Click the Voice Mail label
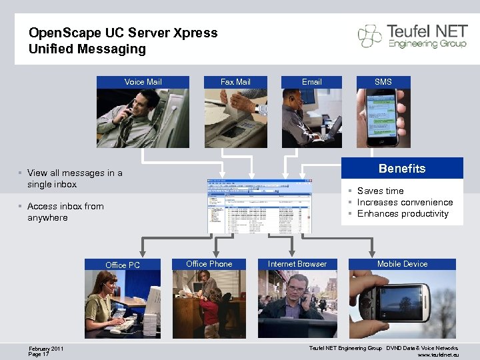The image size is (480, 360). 143,82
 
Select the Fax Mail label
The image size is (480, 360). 235,82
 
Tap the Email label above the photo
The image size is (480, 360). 311,82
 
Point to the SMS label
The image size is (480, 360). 383,82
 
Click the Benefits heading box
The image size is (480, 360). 402,169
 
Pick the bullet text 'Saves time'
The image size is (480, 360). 380,191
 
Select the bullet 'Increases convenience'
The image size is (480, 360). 405,202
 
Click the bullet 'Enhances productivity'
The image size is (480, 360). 403,213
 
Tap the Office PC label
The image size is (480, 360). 123,265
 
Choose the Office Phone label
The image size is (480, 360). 209,264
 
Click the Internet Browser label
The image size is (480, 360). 297,264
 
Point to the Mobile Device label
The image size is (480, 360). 402,264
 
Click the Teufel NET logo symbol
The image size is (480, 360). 370,35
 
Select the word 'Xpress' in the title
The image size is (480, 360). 197,33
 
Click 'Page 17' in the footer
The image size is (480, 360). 39,354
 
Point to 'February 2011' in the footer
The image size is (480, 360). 47,348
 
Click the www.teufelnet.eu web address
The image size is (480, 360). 438,355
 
